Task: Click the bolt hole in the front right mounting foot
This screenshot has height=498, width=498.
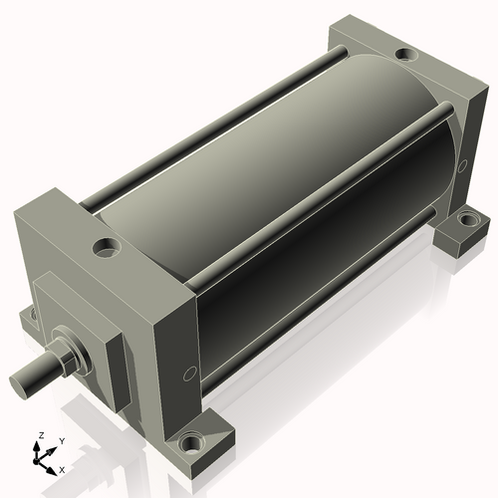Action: tap(191, 443)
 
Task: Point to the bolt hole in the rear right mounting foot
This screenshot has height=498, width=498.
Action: tap(468, 219)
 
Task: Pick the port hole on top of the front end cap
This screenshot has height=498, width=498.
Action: tap(107, 247)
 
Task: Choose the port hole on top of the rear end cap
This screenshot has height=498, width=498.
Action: tap(406, 54)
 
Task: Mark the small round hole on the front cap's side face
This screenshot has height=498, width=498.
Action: tap(189, 373)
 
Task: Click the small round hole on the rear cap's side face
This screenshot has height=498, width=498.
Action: tap(462, 166)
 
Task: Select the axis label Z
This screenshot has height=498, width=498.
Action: tap(42, 435)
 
